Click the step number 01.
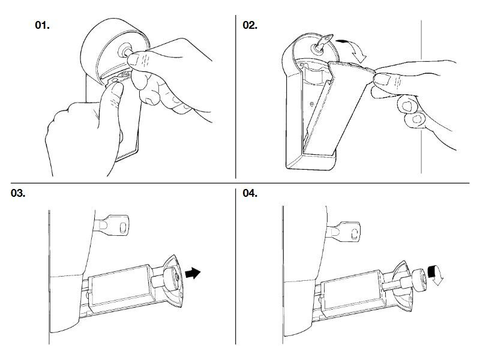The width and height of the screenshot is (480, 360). [42, 25]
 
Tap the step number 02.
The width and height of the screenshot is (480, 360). [250, 25]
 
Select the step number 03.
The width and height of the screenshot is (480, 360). [18, 193]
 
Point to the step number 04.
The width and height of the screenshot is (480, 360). [250, 193]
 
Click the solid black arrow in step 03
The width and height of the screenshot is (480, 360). [193, 273]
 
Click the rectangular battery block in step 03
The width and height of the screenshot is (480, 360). [121, 286]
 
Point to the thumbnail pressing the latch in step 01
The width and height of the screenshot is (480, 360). [116, 89]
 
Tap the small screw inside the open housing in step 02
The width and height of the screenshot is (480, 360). [312, 104]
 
